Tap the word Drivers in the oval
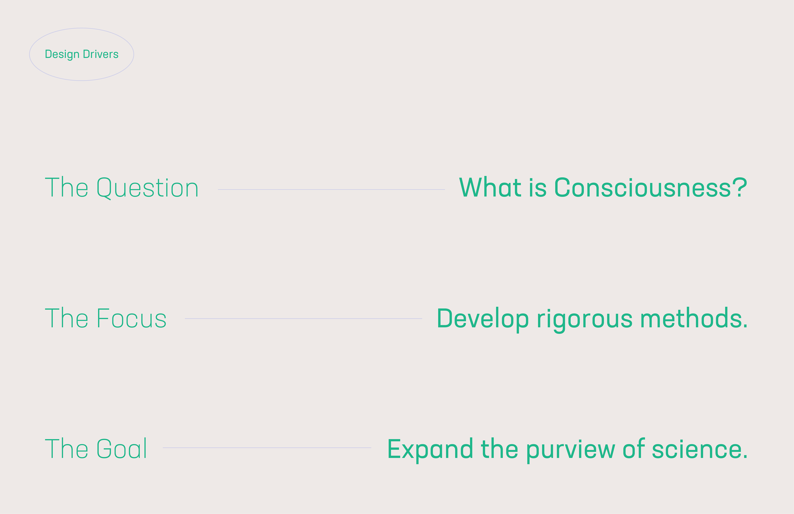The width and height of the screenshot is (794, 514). point(101,54)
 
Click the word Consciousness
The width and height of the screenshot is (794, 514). point(642,188)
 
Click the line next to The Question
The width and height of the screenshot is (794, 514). point(331,190)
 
